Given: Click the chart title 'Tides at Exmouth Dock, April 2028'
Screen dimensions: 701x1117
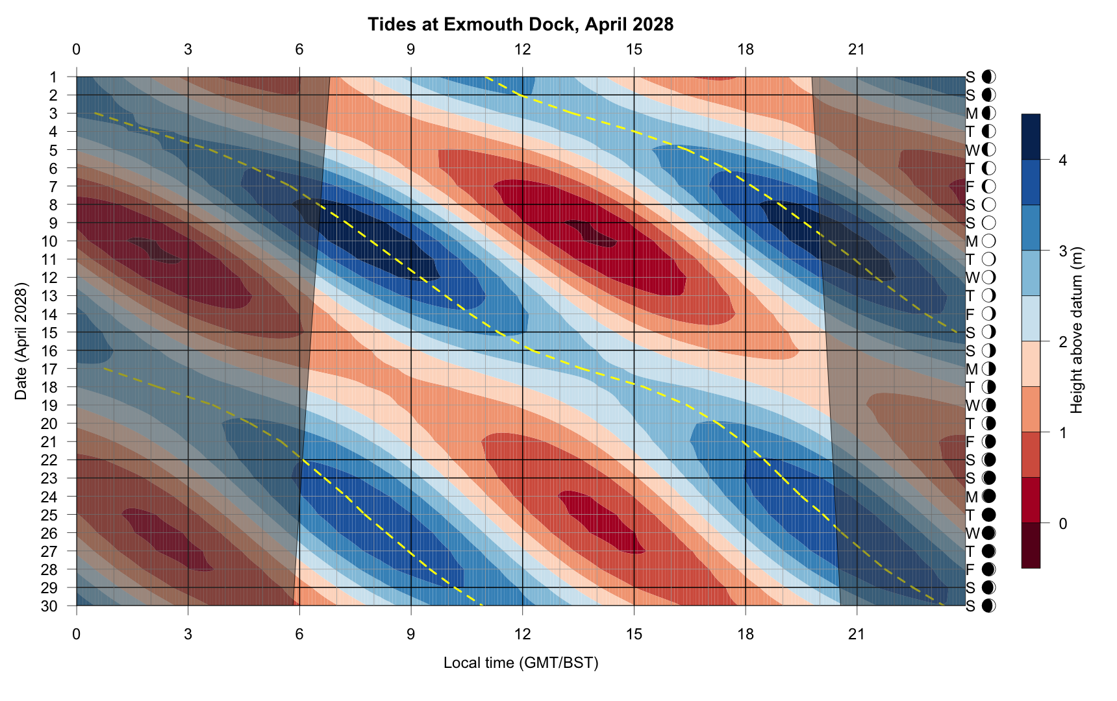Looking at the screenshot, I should [x=520, y=25].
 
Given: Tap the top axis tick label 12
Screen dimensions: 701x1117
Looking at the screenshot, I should [x=522, y=49].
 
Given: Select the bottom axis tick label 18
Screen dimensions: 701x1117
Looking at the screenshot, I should [x=746, y=633].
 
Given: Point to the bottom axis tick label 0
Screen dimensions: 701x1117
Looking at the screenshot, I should [x=77, y=633].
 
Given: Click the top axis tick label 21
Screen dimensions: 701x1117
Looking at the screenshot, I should [x=857, y=49].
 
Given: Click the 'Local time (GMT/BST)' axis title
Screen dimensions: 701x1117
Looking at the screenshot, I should [x=520, y=663].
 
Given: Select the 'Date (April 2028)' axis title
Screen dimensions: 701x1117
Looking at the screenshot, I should [x=21, y=341].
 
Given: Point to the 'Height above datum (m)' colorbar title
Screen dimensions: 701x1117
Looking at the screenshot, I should [x=1077, y=330].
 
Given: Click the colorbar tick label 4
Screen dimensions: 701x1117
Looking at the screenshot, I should [x=1062, y=160].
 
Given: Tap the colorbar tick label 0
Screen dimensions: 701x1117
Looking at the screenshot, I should [x=1062, y=523].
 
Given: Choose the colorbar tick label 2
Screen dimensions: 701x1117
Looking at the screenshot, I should [x=1062, y=341].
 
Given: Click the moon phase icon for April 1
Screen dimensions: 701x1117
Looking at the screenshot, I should [x=988, y=77].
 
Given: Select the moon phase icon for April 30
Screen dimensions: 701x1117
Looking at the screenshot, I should [x=988, y=606].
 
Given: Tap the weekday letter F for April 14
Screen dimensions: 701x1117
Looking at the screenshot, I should [x=970, y=314].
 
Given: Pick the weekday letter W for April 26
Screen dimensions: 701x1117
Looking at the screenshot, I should [x=972, y=534].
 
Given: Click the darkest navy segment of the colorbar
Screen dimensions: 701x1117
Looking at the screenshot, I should [x=1031, y=137].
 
